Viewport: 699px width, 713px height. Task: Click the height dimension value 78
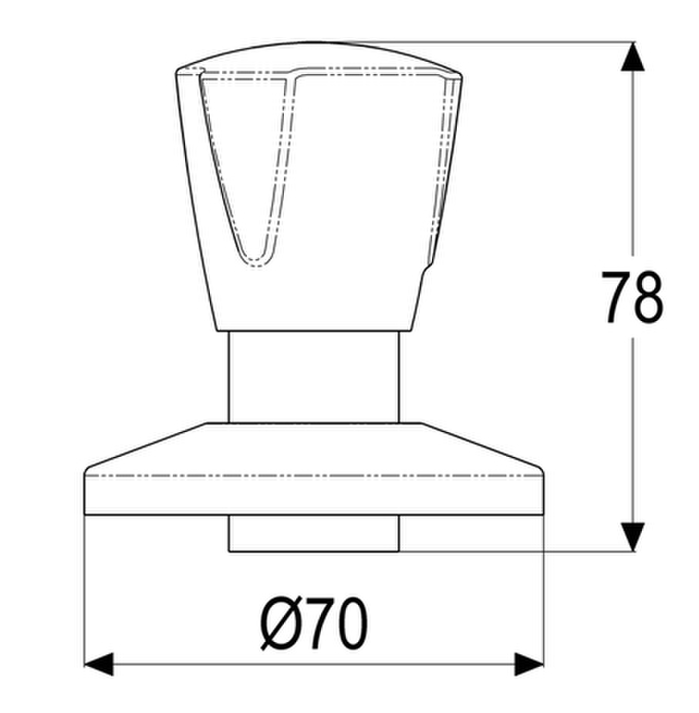tap(632, 297)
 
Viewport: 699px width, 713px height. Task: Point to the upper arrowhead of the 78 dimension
tap(633, 56)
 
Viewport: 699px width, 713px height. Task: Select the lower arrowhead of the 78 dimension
tap(633, 537)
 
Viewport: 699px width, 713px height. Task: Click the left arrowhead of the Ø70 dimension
tap(99, 664)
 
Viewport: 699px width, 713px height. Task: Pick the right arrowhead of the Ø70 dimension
tap(529, 664)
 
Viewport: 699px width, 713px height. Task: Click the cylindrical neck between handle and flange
tap(314, 377)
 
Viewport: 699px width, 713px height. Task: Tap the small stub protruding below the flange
tap(314, 533)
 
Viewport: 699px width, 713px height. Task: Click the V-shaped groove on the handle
tap(248, 168)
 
